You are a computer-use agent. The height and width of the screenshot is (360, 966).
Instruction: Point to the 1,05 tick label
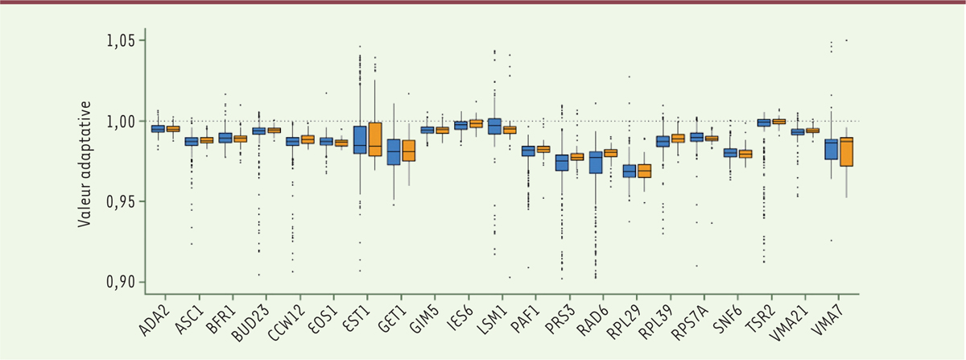click(x=122, y=40)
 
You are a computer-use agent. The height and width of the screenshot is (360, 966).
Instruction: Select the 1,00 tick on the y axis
click(x=122, y=121)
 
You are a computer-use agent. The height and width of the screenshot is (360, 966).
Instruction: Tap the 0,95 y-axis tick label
click(x=122, y=201)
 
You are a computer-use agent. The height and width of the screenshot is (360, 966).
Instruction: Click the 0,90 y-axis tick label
click(x=122, y=282)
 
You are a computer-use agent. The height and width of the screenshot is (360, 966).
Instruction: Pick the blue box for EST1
click(x=360, y=139)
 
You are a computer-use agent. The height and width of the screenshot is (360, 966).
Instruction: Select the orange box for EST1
click(x=375, y=139)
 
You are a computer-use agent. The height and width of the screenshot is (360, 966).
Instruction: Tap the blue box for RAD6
click(x=596, y=162)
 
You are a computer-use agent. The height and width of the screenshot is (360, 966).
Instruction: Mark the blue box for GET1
click(x=394, y=151)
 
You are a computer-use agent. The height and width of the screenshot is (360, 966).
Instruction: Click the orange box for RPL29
click(x=644, y=171)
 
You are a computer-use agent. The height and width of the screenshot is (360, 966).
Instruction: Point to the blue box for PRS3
click(x=562, y=162)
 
